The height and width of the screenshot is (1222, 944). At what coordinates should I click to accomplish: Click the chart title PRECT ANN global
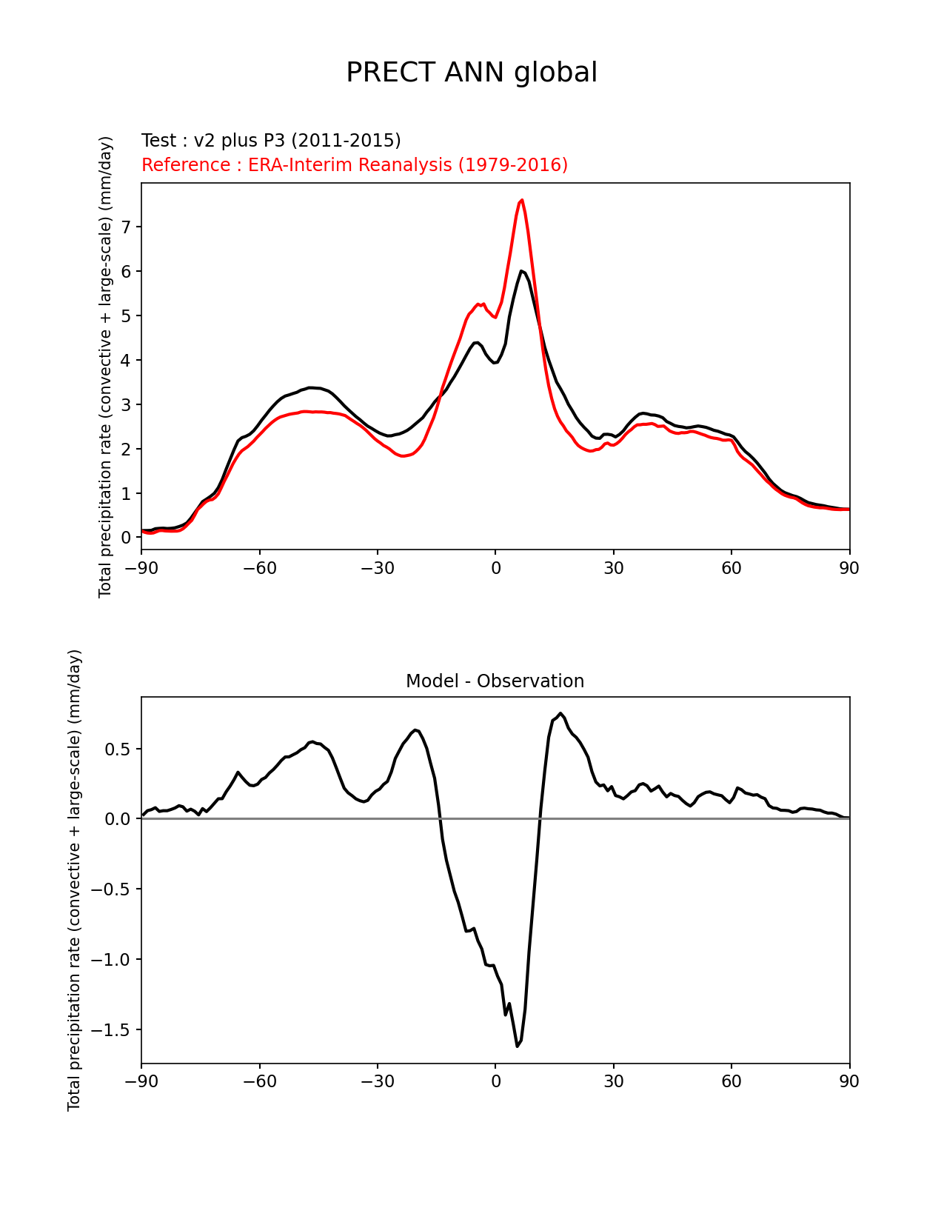[x=472, y=73]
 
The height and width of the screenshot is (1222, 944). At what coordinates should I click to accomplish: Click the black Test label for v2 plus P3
[x=271, y=141]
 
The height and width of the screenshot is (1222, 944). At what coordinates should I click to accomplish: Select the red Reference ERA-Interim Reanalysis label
[x=355, y=165]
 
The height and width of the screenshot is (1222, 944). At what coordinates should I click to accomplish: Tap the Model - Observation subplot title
[x=495, y=681]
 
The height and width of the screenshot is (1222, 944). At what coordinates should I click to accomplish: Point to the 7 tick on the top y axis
[x=126, y=227]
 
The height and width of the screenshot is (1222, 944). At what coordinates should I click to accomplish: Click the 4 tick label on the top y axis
[x=126, y=361]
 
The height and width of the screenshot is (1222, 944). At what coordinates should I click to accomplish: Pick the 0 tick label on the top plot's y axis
[x=126, y=538]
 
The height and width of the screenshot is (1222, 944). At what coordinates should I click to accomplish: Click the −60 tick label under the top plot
[x=259, y=568]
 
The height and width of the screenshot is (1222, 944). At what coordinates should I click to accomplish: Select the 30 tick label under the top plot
[x=613, y=568]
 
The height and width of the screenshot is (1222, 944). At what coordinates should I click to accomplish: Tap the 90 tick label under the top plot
[x=849, y=568]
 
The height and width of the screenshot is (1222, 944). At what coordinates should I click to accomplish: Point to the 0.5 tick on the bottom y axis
[x=117, y=749]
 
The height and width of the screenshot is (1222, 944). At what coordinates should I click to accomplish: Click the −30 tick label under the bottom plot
[x=377, y=1082]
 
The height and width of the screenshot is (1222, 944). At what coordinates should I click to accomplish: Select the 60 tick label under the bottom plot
[x=732, y=1082]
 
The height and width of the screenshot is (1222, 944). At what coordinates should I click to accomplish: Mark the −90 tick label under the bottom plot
[x=141, y=1082]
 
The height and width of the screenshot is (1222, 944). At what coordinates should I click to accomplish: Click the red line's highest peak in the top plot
[x=522, y=200]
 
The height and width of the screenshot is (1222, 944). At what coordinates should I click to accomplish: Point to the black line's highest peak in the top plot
[x=522, y=271]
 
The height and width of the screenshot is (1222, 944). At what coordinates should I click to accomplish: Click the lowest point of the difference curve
[x=517, y=1046]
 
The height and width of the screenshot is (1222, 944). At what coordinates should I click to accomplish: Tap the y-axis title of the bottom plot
[x=74, y=880]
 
